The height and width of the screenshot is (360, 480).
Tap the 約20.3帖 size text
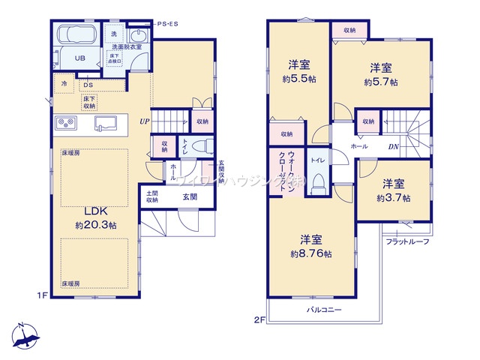[x=95, y=225]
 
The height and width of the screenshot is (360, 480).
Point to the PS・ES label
[x=169, y=25]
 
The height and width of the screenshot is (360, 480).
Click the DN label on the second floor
[x=392, y=146]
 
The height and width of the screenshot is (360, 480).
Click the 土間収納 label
[x=152, y=196]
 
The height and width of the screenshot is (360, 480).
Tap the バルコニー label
[x=324, y=310]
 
